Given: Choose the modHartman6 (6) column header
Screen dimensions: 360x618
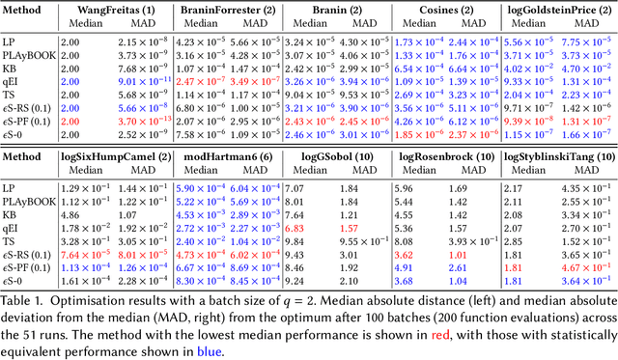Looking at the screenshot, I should [x=230, y=156].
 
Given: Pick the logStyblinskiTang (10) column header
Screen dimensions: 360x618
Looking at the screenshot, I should [x=560, y=156].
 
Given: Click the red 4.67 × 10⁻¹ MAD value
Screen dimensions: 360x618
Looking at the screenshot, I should [x=588, y=268].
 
